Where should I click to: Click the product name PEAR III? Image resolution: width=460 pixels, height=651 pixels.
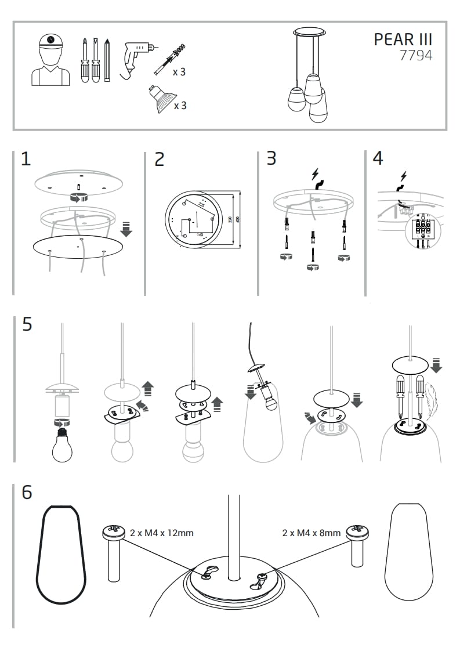pos(403,39)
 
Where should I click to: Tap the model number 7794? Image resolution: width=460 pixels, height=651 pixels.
pos(415,56)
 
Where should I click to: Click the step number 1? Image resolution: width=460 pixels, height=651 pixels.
pos(25,159)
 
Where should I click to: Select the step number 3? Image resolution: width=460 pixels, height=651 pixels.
pos(271,158)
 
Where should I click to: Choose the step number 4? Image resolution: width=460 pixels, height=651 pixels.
pos(378,158)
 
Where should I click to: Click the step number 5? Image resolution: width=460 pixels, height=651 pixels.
pos(27,324)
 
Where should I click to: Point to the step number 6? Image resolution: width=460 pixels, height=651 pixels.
pos(27,492)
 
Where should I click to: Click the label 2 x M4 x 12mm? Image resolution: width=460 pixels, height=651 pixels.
pos(161,532)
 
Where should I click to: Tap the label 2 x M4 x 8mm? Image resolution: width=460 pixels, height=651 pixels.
pos(311,532)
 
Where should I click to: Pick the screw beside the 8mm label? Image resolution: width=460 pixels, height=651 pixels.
pos(357,545)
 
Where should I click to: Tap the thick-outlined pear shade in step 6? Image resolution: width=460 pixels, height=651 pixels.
pos(61,557)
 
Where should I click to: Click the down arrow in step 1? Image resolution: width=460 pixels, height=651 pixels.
pos(126,229)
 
